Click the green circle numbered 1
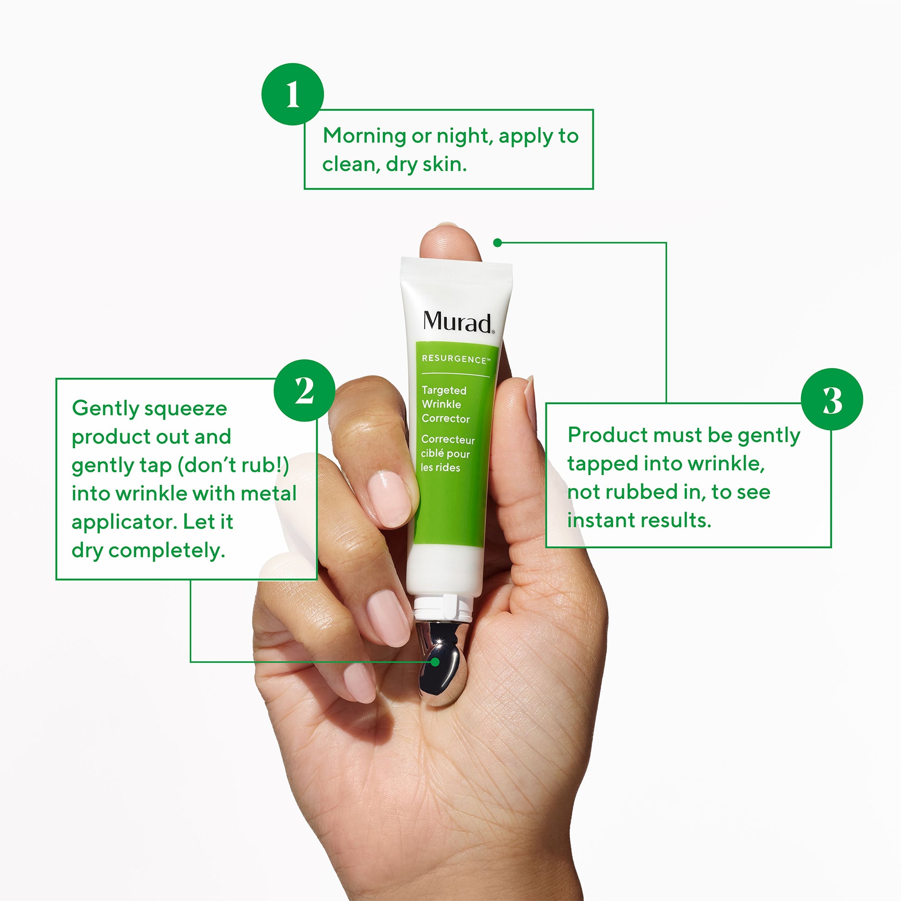click(x=293, y=94)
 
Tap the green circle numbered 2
click(x=304, y=390)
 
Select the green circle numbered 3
click(x=832, y=399)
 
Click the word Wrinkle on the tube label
click(x=441, y=404)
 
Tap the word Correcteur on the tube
click(x=448, y=439)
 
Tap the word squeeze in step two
click(x=186, y=409)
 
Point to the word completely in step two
click(x=167, y=551)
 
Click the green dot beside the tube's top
click(x=498, y=243)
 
